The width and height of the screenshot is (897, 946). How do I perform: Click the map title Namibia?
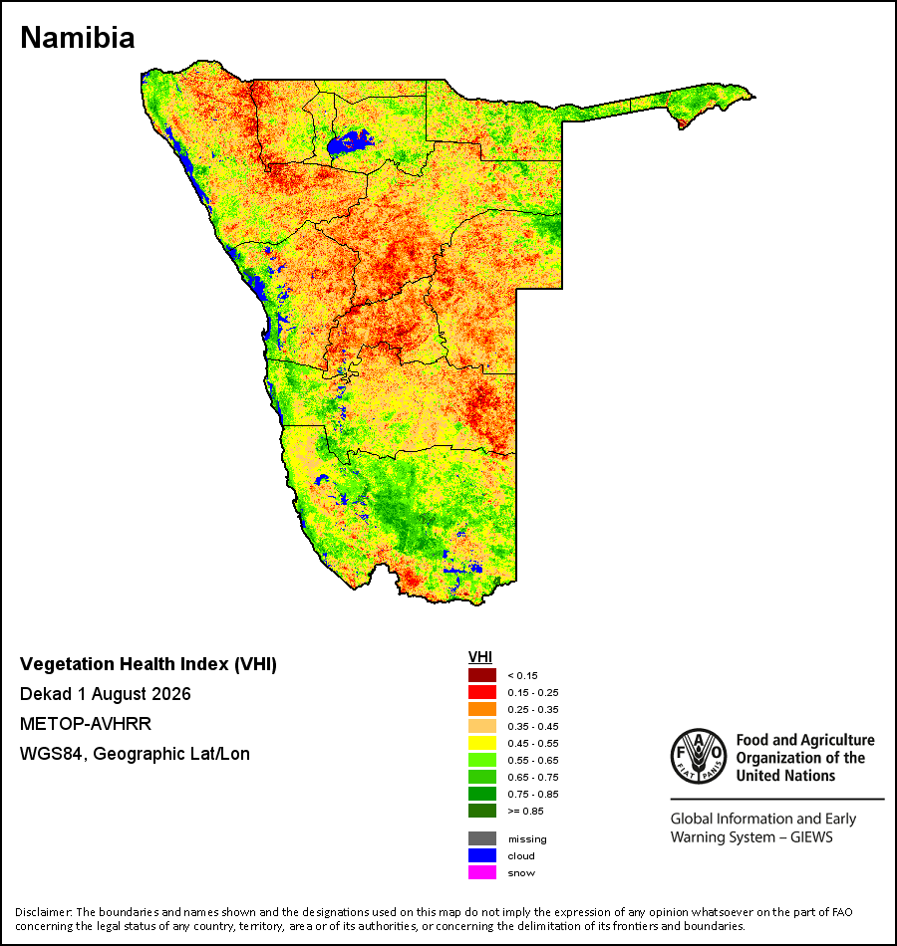coord(78,38)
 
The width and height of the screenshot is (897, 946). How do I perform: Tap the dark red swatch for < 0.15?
coord(482,675)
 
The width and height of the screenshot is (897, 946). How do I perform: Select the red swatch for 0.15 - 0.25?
coord(482,692)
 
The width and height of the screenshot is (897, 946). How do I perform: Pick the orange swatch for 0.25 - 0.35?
coord(482,709)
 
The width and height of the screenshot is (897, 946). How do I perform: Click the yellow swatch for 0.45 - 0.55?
coord(482,743)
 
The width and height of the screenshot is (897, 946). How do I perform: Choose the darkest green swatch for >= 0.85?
coord(482,811)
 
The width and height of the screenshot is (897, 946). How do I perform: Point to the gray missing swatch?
coord(482,838)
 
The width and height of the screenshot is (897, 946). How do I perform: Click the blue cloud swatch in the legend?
coord(482,855)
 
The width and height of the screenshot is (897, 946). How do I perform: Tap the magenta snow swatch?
coord(482,872)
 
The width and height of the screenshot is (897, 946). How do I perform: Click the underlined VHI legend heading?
coord(480,657)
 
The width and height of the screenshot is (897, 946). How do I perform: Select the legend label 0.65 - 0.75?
coord(533,777)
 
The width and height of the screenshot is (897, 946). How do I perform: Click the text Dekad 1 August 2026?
coord(105,694)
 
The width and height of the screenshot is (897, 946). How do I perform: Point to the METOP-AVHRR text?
coord(86,723)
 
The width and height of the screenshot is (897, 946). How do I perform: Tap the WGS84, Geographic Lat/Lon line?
coord(135,754)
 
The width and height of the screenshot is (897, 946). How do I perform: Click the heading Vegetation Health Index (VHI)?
coord(148,664)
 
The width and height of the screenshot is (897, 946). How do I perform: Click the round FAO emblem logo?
coord(699,756)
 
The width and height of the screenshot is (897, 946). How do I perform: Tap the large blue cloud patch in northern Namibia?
coord(349,143)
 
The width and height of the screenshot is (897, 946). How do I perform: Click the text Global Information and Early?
coord(762,819)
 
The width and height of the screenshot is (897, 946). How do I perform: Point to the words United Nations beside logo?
coord(785,776)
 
